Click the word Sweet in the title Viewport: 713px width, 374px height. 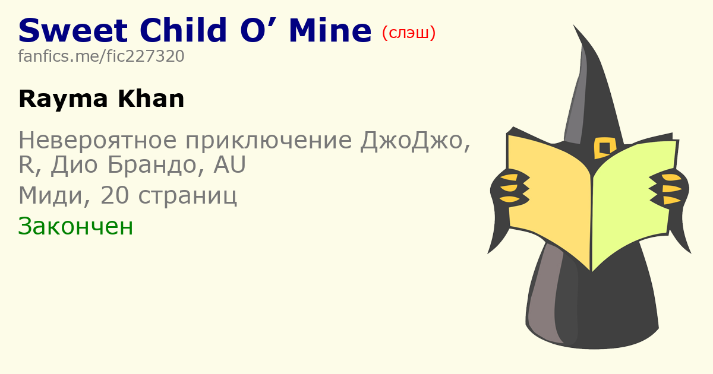(x=73, y=30)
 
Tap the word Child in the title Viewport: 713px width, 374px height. (x=184, y=30)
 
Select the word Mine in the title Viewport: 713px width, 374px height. (x=330, y=30)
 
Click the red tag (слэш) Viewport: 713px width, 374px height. (x=409, y=33)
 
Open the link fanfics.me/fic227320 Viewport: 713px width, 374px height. (x=101, y=56)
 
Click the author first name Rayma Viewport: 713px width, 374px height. (x=64, y=100)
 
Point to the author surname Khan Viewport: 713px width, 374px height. (x=151, y=99)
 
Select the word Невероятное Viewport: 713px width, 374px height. (x=97, y=140)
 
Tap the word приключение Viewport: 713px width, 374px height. (x=269, y=140)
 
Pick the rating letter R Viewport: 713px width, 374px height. (x=26, y=165)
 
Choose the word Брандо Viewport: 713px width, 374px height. (x=152, y=166)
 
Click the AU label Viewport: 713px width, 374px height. (x=229, y=165)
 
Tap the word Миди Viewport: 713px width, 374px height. (x=51, y=195)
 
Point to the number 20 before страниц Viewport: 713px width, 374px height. (x=115, y=195)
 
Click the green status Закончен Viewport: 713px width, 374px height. (x=75, y=226)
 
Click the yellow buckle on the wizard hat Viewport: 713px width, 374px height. (x=605, y=148)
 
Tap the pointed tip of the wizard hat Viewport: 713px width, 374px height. (x=574, y=26)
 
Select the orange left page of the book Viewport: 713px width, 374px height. (x=550, y=197)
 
